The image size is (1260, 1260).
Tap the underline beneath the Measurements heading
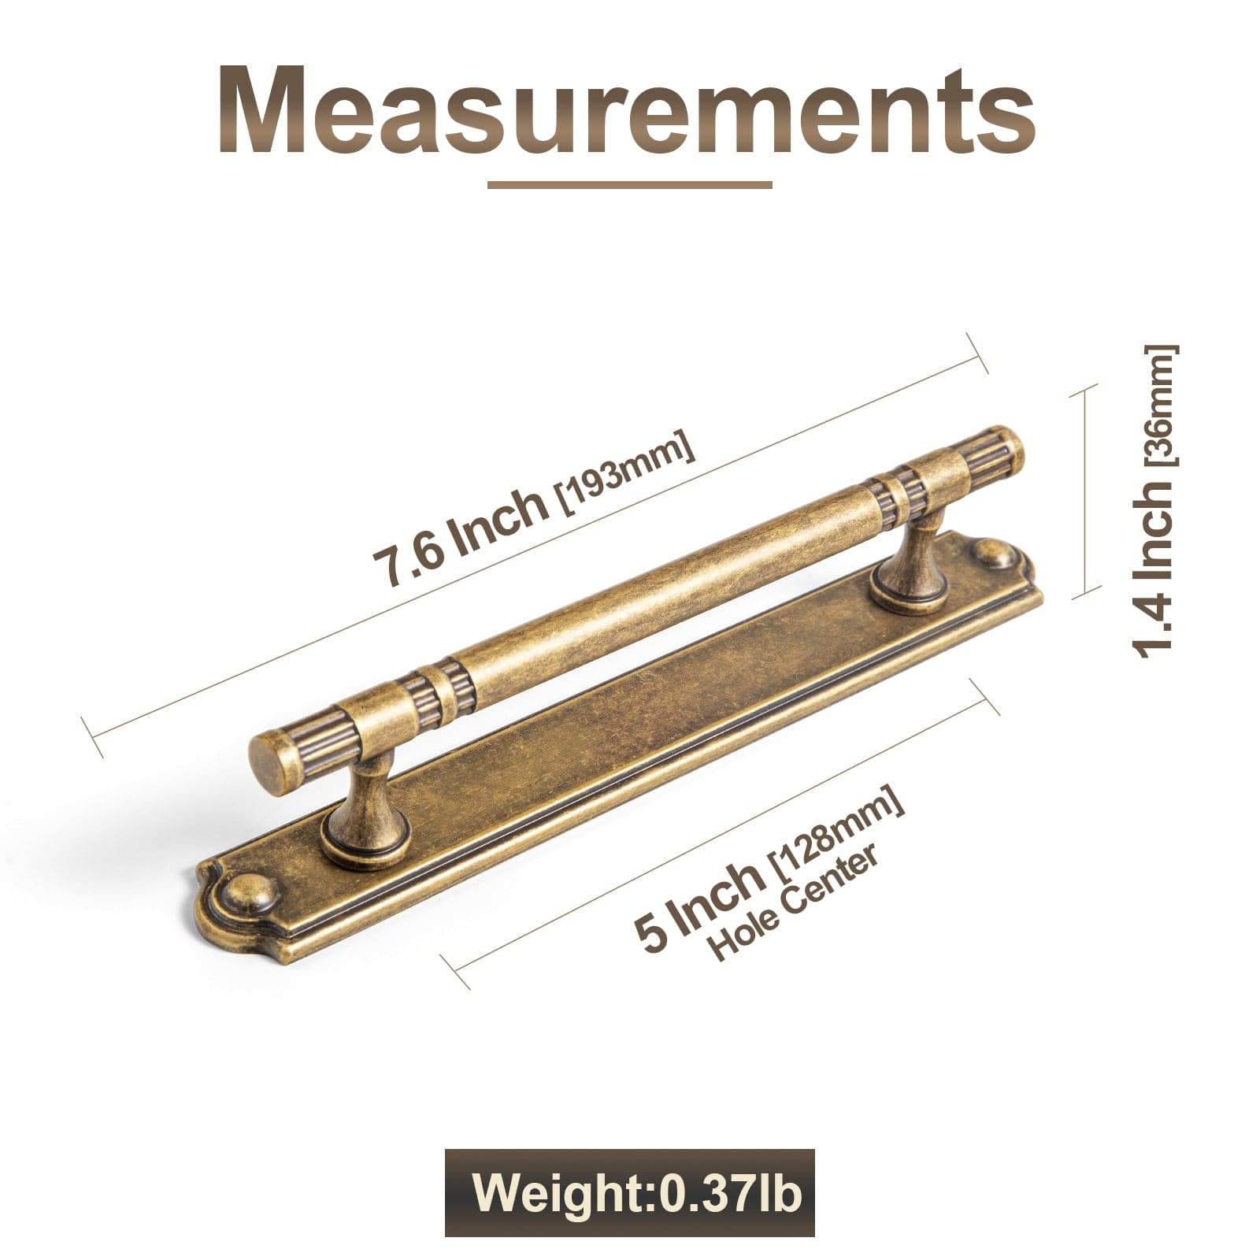pos(629,185)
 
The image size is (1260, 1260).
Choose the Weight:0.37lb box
pos(629,1193)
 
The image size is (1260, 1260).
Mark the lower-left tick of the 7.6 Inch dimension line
pos(93,737)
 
